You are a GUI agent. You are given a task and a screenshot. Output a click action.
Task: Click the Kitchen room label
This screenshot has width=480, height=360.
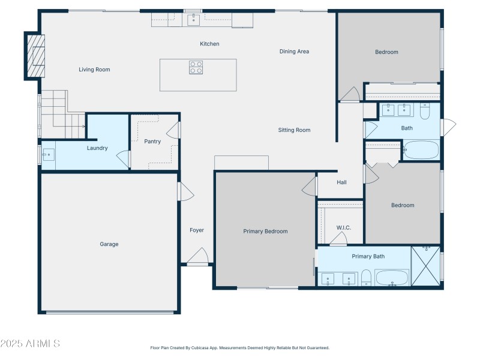pos(209,44)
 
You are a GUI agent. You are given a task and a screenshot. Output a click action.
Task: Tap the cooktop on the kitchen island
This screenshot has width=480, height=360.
pos(196,67)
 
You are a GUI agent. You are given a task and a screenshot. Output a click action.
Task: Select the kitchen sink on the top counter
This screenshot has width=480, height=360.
pos(193,20)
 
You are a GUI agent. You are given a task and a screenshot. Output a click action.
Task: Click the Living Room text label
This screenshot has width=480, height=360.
pos(94,70)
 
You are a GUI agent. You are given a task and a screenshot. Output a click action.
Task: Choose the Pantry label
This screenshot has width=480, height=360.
pos(152,142)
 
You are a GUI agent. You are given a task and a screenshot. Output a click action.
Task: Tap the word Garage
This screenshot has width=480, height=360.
pos(109,244)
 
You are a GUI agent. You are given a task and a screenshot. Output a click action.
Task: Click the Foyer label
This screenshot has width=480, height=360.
pos(197,230)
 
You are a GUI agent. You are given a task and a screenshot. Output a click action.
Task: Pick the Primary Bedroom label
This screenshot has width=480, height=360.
pos(265,232)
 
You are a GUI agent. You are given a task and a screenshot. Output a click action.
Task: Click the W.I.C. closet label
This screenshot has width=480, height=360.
pos(343,227)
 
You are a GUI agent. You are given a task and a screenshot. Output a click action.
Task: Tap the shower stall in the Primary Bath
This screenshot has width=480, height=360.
pos(426,266)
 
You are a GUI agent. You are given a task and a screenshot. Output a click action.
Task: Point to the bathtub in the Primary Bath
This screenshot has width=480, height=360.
pos(392,278)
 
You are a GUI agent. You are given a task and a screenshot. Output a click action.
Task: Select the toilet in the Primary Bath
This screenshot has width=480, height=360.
pos(366,277)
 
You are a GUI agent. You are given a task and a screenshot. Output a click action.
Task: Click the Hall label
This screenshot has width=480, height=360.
pos(341,182)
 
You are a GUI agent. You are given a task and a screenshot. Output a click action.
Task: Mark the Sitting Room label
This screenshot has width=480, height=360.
pos(294,130)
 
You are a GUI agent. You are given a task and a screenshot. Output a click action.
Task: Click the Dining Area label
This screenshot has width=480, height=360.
pos(294,52)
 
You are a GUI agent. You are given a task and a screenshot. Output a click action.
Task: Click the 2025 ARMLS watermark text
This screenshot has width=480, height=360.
pos(30,344)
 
